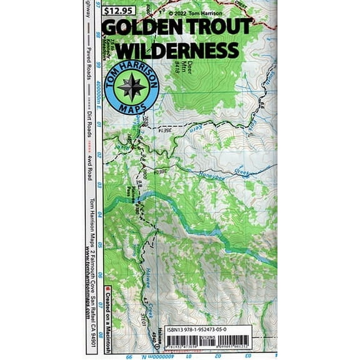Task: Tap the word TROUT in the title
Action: (219, 27)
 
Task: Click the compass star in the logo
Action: (131, 87)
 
